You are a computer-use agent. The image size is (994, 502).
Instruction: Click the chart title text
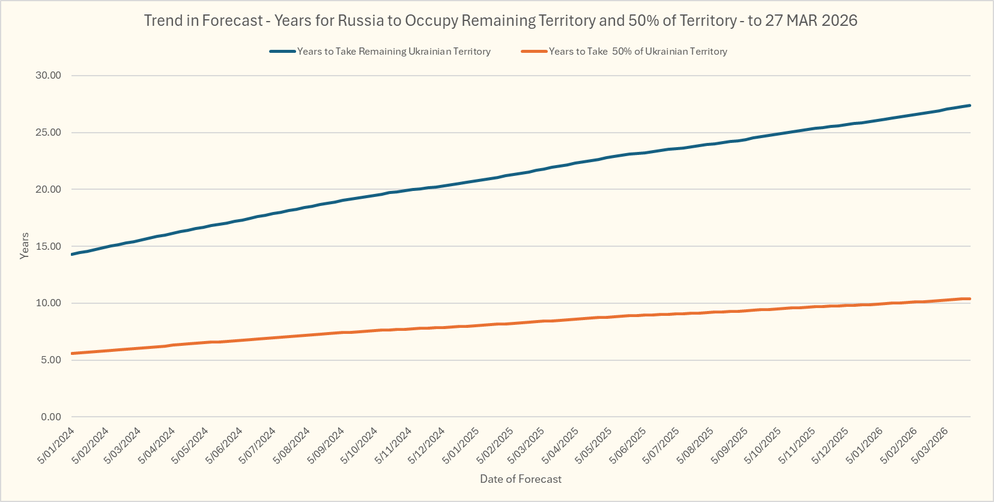[500, 21]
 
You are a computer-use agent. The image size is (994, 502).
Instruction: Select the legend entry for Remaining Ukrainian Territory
[393, 52]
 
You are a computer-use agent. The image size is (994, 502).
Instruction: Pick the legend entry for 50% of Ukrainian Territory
[637, 52]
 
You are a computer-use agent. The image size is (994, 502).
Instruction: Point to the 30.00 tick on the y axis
[49, 76]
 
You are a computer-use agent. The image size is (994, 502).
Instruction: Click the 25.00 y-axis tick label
[49, 133]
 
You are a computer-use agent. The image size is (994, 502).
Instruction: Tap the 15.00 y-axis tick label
[49, 246]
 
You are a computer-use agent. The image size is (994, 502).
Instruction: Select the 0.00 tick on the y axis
[51, 417]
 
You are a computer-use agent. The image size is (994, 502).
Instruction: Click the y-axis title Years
[25, 246]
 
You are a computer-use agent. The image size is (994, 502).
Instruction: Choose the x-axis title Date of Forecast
[521, 479]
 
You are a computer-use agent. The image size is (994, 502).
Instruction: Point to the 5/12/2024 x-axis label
[427, 445]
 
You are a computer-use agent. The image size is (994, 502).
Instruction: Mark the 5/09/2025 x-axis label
[730, 445]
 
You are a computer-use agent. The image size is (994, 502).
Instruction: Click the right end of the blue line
[969, 106]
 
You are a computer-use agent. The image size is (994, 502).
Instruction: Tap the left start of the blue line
[72, 255]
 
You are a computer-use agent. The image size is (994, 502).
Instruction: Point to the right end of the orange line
[969, 299]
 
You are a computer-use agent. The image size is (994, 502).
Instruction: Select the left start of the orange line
[72, 354]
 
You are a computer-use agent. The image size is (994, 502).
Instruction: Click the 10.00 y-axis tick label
[49, 303]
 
